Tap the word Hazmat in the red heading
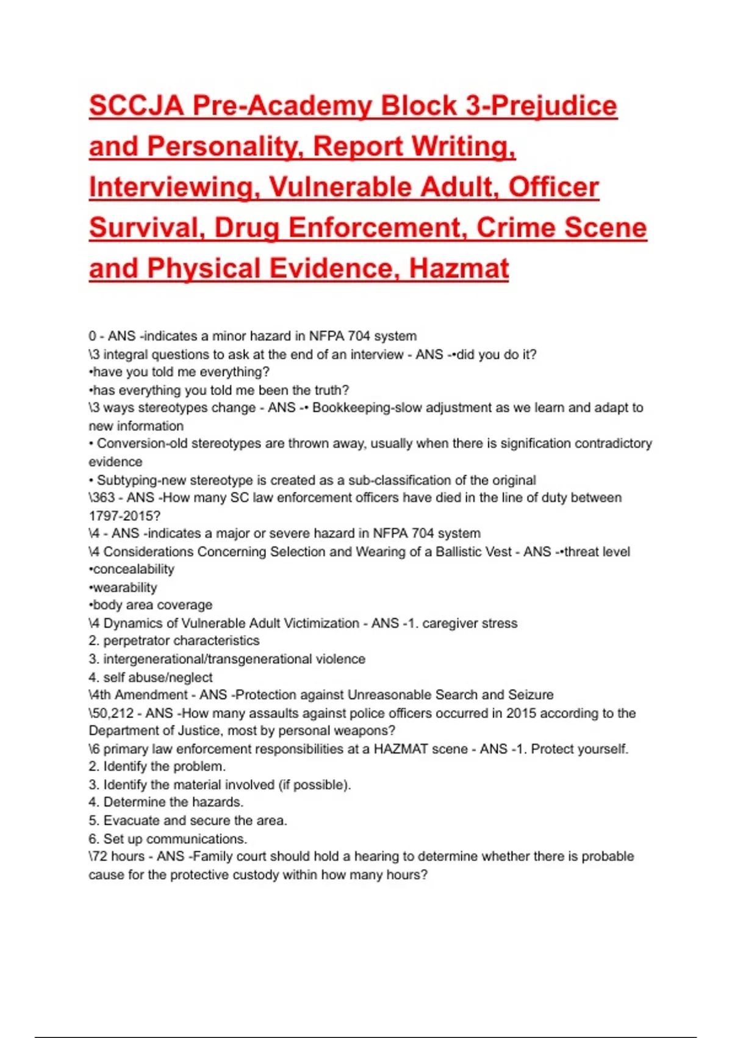pos(459,269)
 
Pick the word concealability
pos(134,570)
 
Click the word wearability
pos(125,588)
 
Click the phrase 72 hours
pos(118,857)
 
